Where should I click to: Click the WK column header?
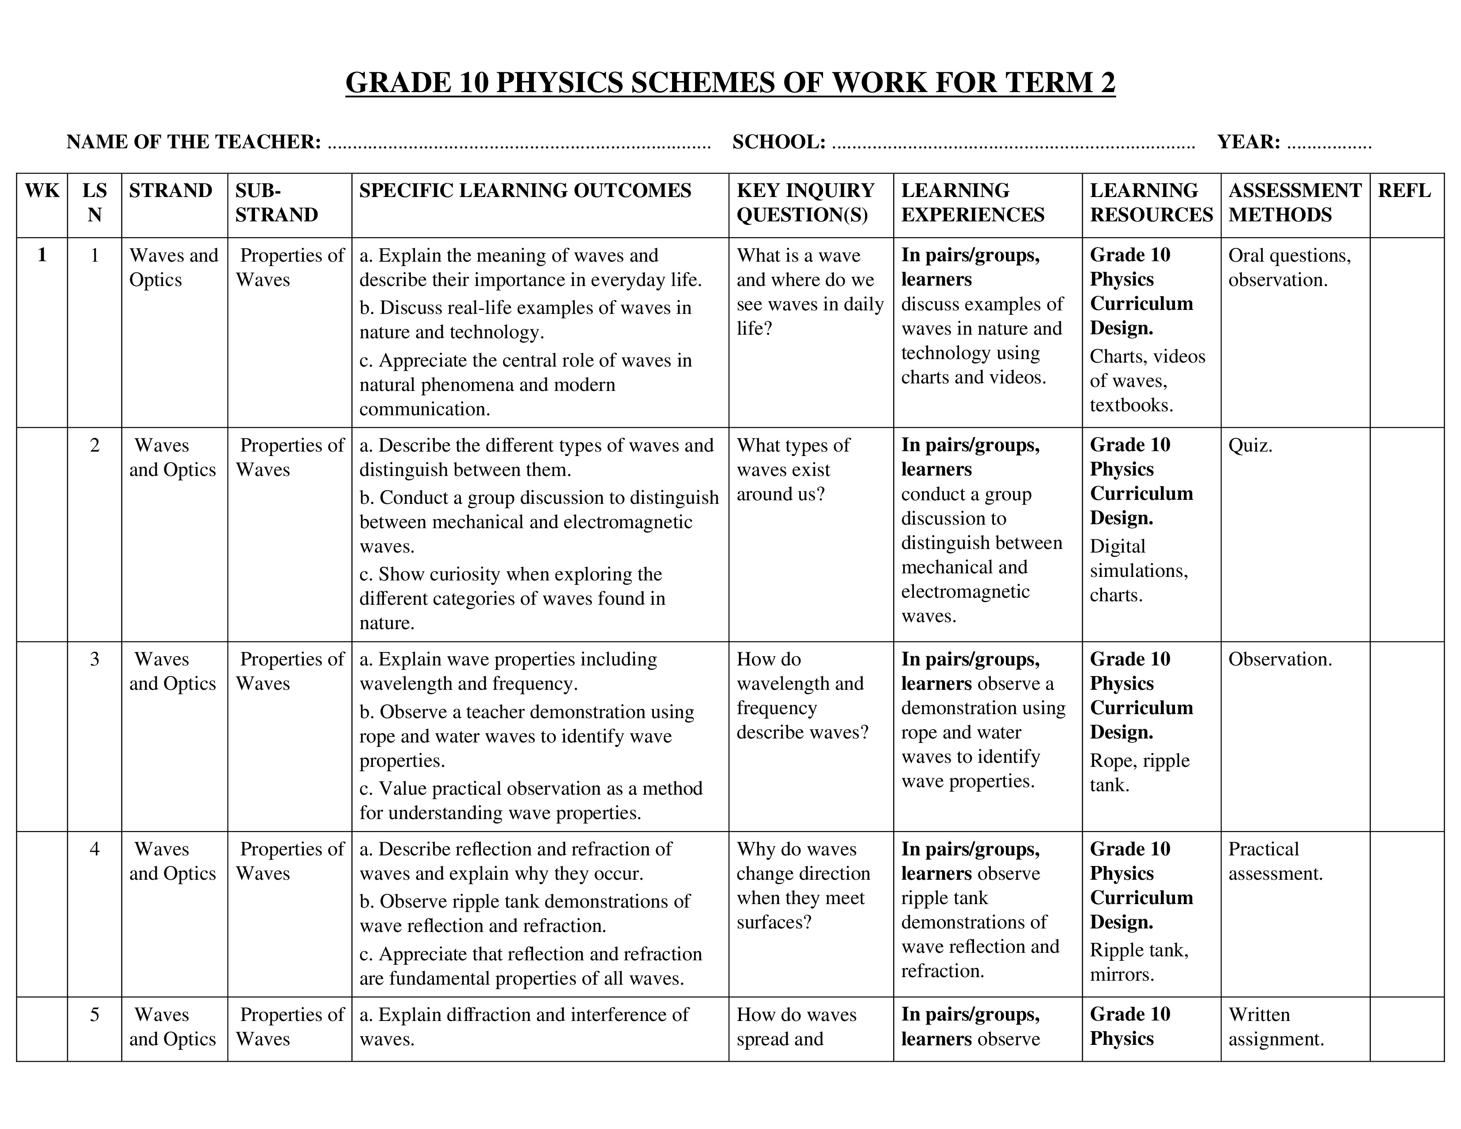(42, 191)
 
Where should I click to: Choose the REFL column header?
(1404, 191)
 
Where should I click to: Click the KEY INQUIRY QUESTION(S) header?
(805, 203)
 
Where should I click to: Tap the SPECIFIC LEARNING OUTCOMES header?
(525, 191)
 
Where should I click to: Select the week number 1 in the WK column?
(42, 255)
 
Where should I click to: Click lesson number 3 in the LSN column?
(94, 659)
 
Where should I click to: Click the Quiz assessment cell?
(1250, 445)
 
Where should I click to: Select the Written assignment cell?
(1275, 1027)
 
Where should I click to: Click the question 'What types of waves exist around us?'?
(793, 469)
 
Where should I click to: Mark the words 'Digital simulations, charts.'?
(1139, 571)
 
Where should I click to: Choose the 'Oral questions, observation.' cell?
(1289, 267)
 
